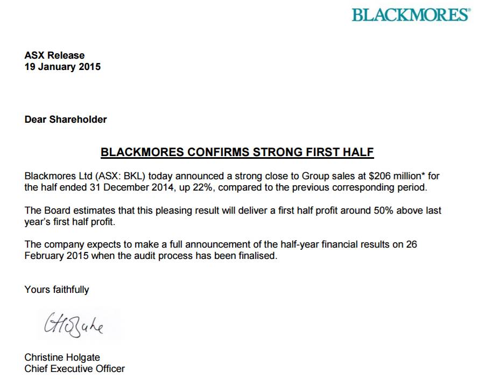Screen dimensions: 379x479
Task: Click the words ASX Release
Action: click(x=54, y=55)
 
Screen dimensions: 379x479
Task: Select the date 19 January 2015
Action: click(x=62, y=67)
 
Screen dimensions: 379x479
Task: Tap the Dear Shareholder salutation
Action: click(x=66, y=120)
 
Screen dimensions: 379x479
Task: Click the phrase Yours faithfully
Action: click(x=57, y=290)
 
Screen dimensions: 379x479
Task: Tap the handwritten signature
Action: click(x=70, y=322)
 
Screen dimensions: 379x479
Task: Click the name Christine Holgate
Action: click(x=62, y=357)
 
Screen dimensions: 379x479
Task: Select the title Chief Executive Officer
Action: click(x=74, y=369)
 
